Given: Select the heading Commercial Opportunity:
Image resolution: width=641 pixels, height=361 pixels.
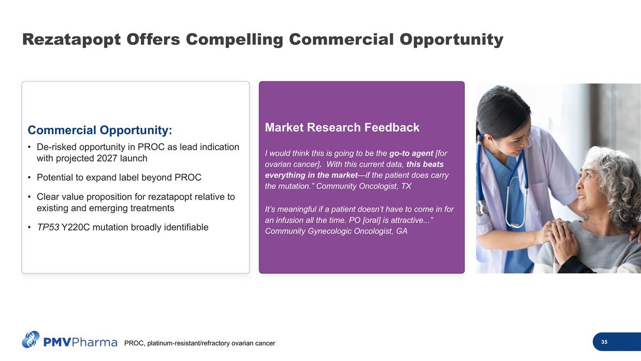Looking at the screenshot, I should click(100, 130).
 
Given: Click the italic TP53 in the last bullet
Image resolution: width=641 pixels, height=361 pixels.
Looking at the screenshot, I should click(48, 227).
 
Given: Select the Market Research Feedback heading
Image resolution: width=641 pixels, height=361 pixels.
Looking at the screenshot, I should click(342, 128).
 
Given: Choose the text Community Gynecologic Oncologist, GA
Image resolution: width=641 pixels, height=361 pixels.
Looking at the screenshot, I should click(336, 231).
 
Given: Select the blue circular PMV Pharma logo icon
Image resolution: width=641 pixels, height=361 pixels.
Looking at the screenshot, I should click(30, 340).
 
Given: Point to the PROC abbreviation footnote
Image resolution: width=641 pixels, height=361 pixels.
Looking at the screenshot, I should click(199, 343).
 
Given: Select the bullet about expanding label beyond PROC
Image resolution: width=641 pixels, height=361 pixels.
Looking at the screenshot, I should click(119, 178).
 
